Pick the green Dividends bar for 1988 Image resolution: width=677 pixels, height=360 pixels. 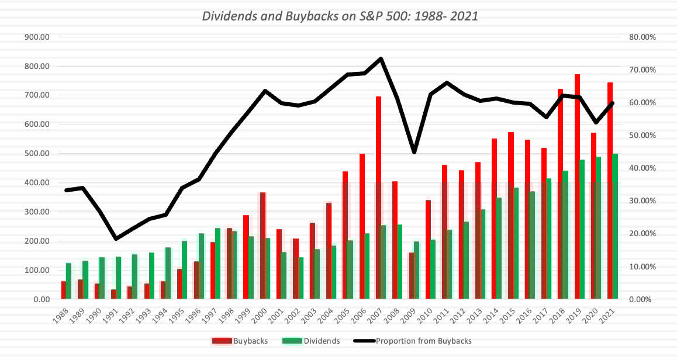click(x=69, y=281)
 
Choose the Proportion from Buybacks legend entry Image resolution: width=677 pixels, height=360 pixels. click(x=416, y=341)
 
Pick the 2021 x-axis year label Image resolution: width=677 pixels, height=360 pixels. click(x=610, y=316)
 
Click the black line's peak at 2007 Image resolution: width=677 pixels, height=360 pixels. click(x=381, y=58)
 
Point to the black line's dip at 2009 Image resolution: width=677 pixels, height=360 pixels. click(x=414, y=153)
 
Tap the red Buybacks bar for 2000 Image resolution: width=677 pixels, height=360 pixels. click(x=262, y=245)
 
